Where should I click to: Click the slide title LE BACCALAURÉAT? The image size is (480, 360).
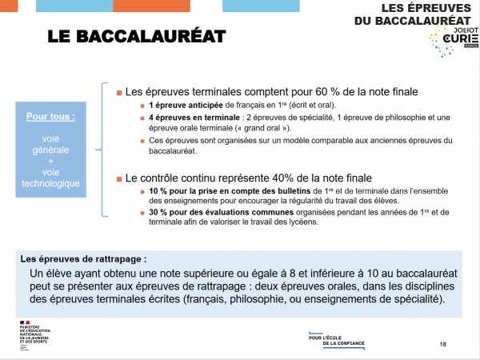(x=136, y=37)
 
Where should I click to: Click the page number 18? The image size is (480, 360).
(x=443, y=344)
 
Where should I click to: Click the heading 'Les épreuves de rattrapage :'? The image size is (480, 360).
(x=84, y=259)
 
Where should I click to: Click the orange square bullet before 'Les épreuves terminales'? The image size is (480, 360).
(x=119, y=92)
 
